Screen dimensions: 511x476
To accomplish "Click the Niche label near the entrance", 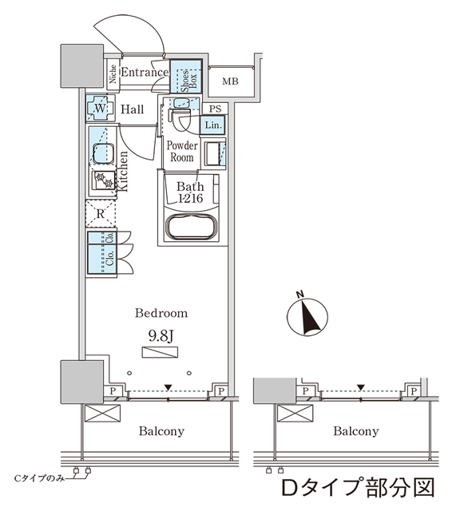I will tap(113, 75).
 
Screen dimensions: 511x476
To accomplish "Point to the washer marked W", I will tap(100, 108).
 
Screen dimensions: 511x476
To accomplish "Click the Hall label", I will tap(133, 109).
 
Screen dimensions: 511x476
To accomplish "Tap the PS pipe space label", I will tap(213, 109).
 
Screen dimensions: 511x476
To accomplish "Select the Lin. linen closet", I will tap(213, 125).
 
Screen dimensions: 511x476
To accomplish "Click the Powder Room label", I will tap(181, 151).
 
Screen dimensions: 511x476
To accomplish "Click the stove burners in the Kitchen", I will tap(103, 181).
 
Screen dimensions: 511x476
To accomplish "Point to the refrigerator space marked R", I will tap(101, 213).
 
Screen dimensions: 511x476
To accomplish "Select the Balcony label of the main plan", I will tap(161, 431).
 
